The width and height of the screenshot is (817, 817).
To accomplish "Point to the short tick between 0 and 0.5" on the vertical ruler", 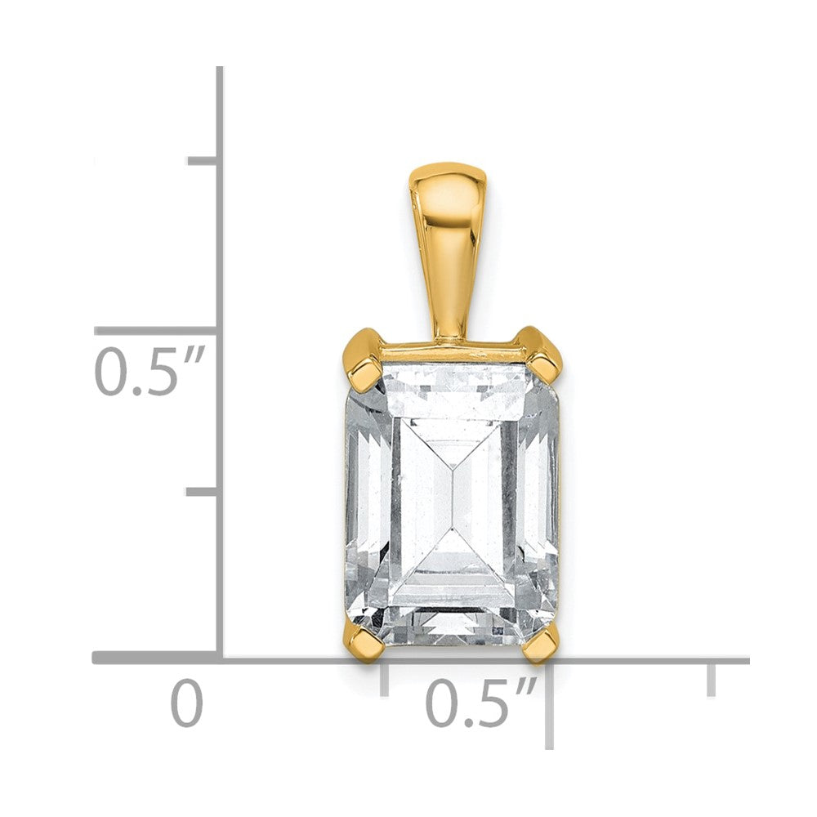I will point(202,491).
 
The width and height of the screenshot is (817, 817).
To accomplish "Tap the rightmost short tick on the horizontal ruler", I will point(712,678).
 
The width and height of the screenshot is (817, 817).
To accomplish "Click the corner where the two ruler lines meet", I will point(221,658).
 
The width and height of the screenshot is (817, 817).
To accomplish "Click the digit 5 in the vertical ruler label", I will point(160,372).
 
